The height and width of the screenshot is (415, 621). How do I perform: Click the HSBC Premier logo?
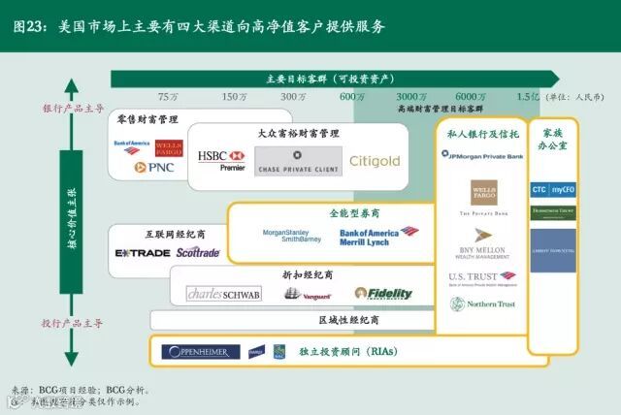coord(220,160)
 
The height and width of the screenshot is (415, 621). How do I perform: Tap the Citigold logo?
coord(375,161)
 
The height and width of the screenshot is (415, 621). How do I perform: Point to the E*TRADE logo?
coord(143,253)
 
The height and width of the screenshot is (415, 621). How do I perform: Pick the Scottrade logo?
coord(198,253)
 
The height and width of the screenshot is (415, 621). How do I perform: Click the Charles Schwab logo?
coord(223,294)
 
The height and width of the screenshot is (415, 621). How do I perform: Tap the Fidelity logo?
coord(383,293)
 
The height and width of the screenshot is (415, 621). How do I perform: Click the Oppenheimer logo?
coord(200,351)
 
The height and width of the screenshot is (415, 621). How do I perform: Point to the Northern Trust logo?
coord(483,304)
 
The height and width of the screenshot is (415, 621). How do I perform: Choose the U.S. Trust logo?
coord(482,278)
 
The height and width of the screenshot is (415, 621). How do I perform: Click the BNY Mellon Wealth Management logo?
coord(483,242)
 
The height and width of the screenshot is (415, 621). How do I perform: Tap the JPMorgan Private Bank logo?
coord(482,155)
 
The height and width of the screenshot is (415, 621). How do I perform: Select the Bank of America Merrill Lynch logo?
coord(378,236)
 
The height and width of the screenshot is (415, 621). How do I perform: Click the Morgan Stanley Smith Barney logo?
coord(291,236)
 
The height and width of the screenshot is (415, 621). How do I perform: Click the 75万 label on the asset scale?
coord(168,96)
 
